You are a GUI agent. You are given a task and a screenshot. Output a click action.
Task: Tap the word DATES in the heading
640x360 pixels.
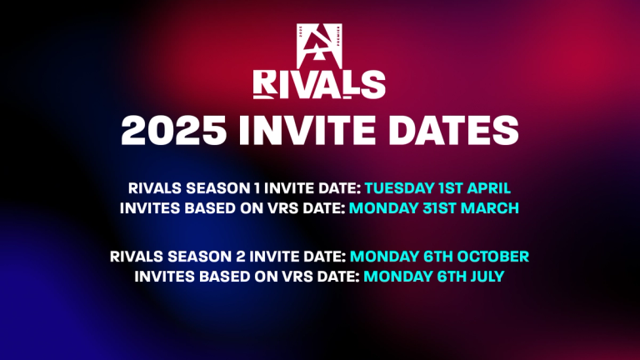(451, 132)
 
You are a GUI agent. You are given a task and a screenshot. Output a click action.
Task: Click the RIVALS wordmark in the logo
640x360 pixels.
(320, 84)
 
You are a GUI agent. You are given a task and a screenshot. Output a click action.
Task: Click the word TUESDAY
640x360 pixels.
(397, 188)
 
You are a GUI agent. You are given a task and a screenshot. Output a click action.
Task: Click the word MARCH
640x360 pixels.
(487, 207)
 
